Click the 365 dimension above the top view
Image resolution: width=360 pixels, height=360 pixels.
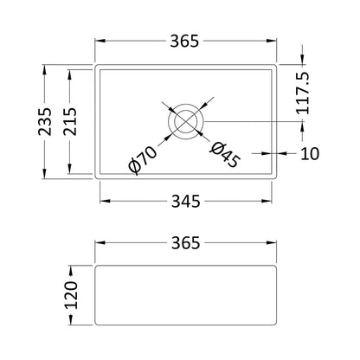click(184, 41)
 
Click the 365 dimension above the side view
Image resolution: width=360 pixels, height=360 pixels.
click(185, 243)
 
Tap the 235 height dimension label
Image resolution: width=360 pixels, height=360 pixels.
click(45, 121)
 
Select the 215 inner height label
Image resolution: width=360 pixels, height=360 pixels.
click(70, 121)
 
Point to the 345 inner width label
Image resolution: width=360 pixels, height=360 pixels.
click(185, 201)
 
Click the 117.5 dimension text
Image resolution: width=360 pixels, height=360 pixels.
click(303, 93)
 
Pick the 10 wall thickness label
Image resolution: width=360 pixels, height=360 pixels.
click(310, 153)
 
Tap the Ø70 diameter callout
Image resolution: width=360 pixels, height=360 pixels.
click(143, 160)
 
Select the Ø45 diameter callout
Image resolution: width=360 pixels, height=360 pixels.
click(225, 155)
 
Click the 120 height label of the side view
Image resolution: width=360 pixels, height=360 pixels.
click(71, 295)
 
